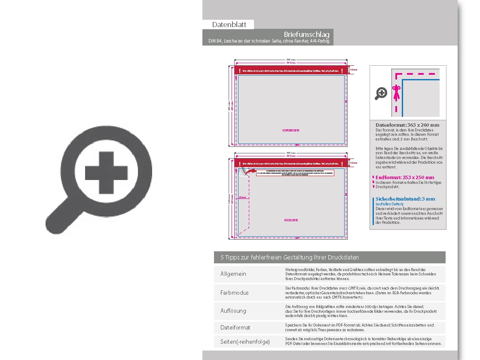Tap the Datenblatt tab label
(228, 24)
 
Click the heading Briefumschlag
(306, 34)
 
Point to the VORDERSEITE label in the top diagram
(290, 130)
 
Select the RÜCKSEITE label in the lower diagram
(291, 220)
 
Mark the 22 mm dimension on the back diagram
(242, 197)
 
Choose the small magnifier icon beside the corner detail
(381, 93)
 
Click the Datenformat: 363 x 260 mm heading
(407, 125)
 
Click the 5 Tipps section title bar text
(290, 257)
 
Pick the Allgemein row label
(233, 274)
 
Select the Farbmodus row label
(234, 293)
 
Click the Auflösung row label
(233, 311)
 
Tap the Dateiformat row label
(235, 327)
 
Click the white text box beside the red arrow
(295, 172)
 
